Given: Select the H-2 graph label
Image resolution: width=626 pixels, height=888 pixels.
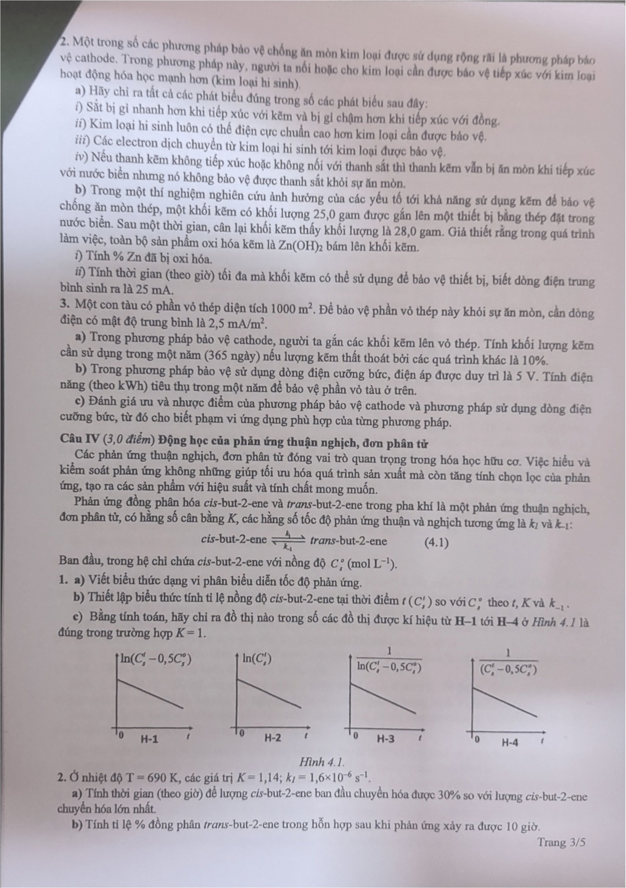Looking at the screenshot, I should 273,737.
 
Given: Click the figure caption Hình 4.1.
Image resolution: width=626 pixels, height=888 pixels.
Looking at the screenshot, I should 322,762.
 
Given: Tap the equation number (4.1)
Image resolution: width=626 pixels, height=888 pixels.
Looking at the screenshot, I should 436,542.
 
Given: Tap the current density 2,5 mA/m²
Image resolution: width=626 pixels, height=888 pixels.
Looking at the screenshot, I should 237,323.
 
